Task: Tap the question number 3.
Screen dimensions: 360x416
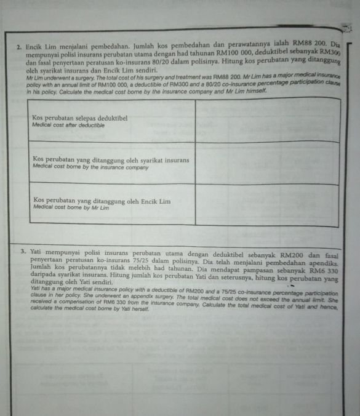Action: (22, 251)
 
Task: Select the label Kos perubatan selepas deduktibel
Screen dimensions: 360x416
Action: (79, 117)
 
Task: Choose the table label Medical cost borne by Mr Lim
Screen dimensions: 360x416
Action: (71, 207)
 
